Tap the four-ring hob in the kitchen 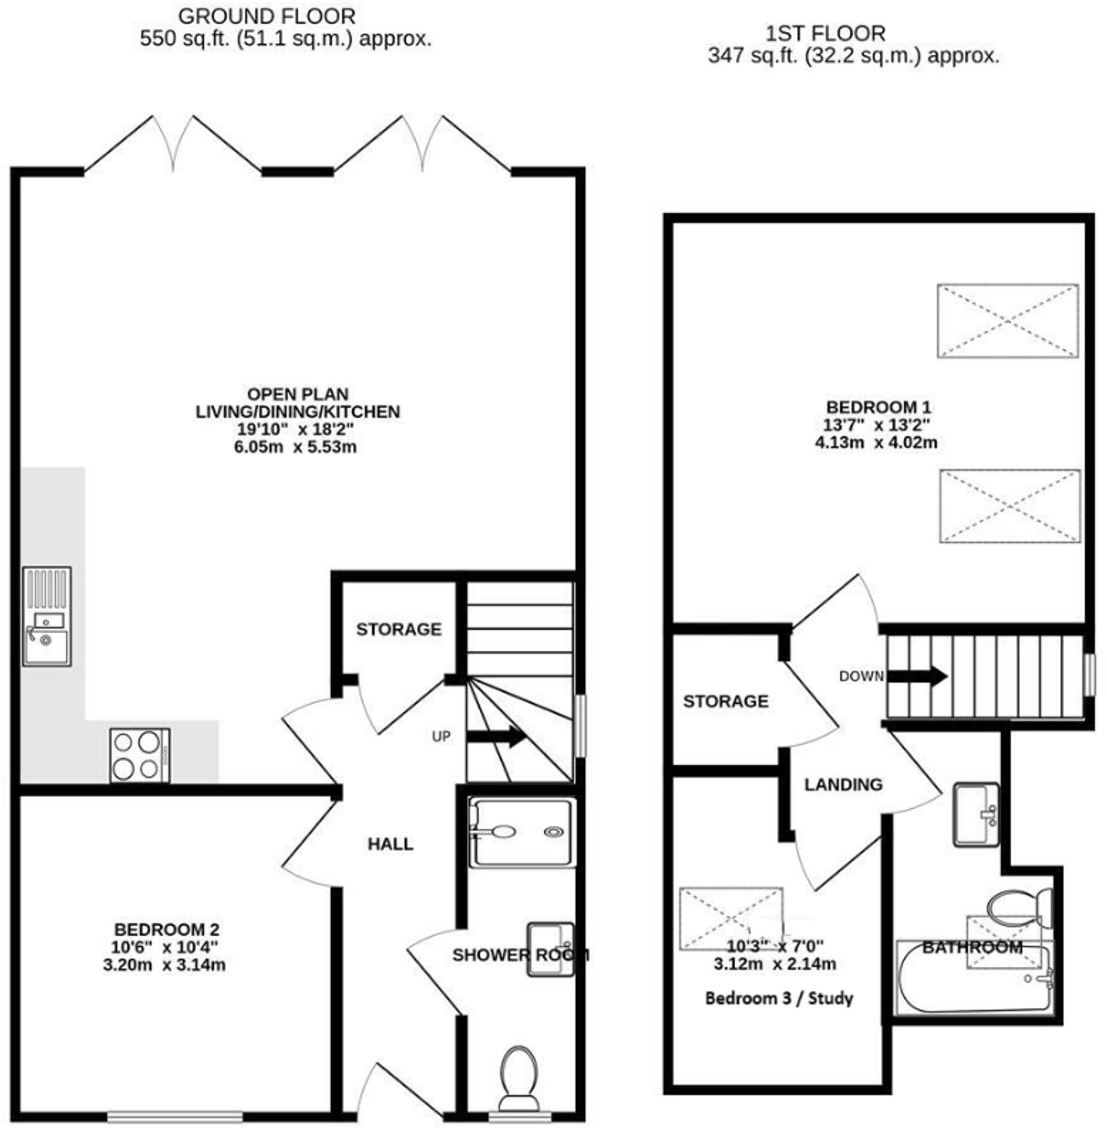(x=140, y=756)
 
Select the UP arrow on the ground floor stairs (x=497, y=737)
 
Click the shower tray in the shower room (x=522, y=832)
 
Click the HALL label (x=390, y=844)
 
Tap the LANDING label (x=843, y=784)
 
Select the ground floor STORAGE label (x=398, y=629)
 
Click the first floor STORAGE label (x=725, y=701)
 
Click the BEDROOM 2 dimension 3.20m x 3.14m (x=164, y=965)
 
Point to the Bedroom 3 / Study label (x=779, y=998)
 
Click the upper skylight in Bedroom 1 (x=1007, y=321)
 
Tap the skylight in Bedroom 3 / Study (x=730, y=918)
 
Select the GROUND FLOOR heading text (x=267, y=15)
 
